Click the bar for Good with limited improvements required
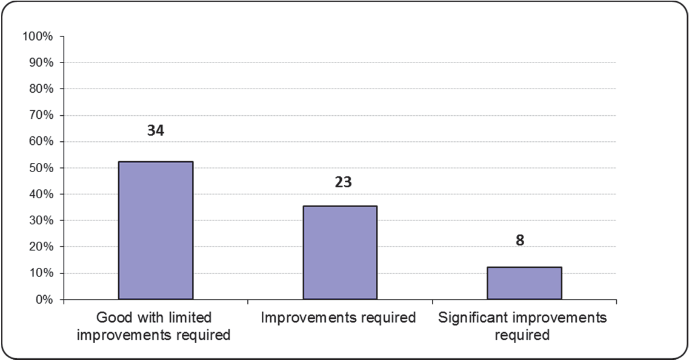point(156,230)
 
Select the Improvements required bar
point(340,253)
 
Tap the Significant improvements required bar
point(524,283)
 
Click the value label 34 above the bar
point(156,130)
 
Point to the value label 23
point(343,182)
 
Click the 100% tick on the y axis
point(38,36)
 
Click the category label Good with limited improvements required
point(156,326)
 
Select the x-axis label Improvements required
point(340,318)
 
